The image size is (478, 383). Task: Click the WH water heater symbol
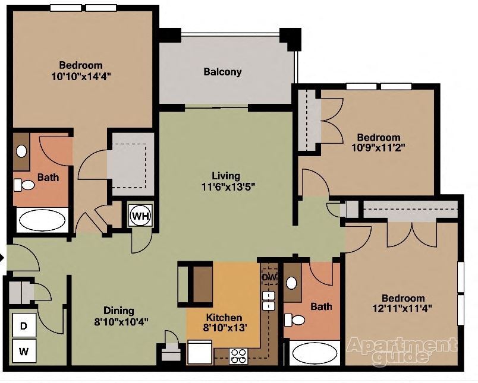pos(140,215)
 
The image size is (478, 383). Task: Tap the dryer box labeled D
pos(24,325)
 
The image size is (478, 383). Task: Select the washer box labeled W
pos(24,351)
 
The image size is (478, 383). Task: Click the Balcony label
pos(222,72)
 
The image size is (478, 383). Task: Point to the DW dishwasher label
pos(269,277)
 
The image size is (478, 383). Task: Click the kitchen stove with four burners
pos(238,356)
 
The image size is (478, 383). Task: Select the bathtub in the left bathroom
pos(41,220)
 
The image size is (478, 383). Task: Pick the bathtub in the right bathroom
pos(315,353)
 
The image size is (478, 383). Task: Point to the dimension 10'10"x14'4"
pos(80,75)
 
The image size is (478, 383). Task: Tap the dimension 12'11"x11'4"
pos(402,308)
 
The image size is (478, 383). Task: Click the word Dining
pos(119,311)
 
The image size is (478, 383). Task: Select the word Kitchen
pos(224,318)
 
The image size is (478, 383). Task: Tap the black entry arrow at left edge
pos(2,258)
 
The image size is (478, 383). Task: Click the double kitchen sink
pos(269,300)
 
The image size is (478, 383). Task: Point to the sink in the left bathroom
pos(21,151)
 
